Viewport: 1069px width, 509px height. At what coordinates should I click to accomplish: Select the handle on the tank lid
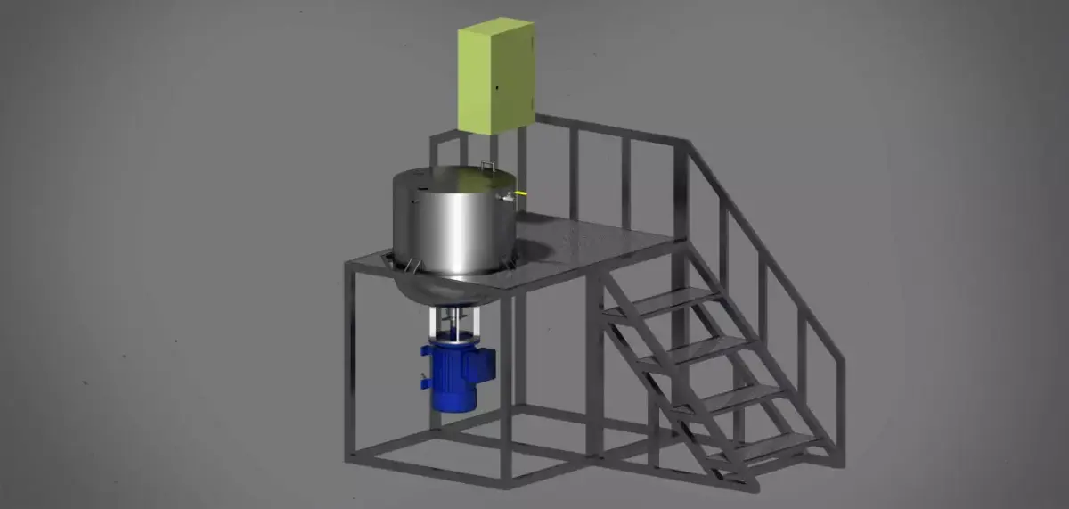pos(487,165)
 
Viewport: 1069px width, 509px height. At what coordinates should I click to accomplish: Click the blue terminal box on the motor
pos(483,363)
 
